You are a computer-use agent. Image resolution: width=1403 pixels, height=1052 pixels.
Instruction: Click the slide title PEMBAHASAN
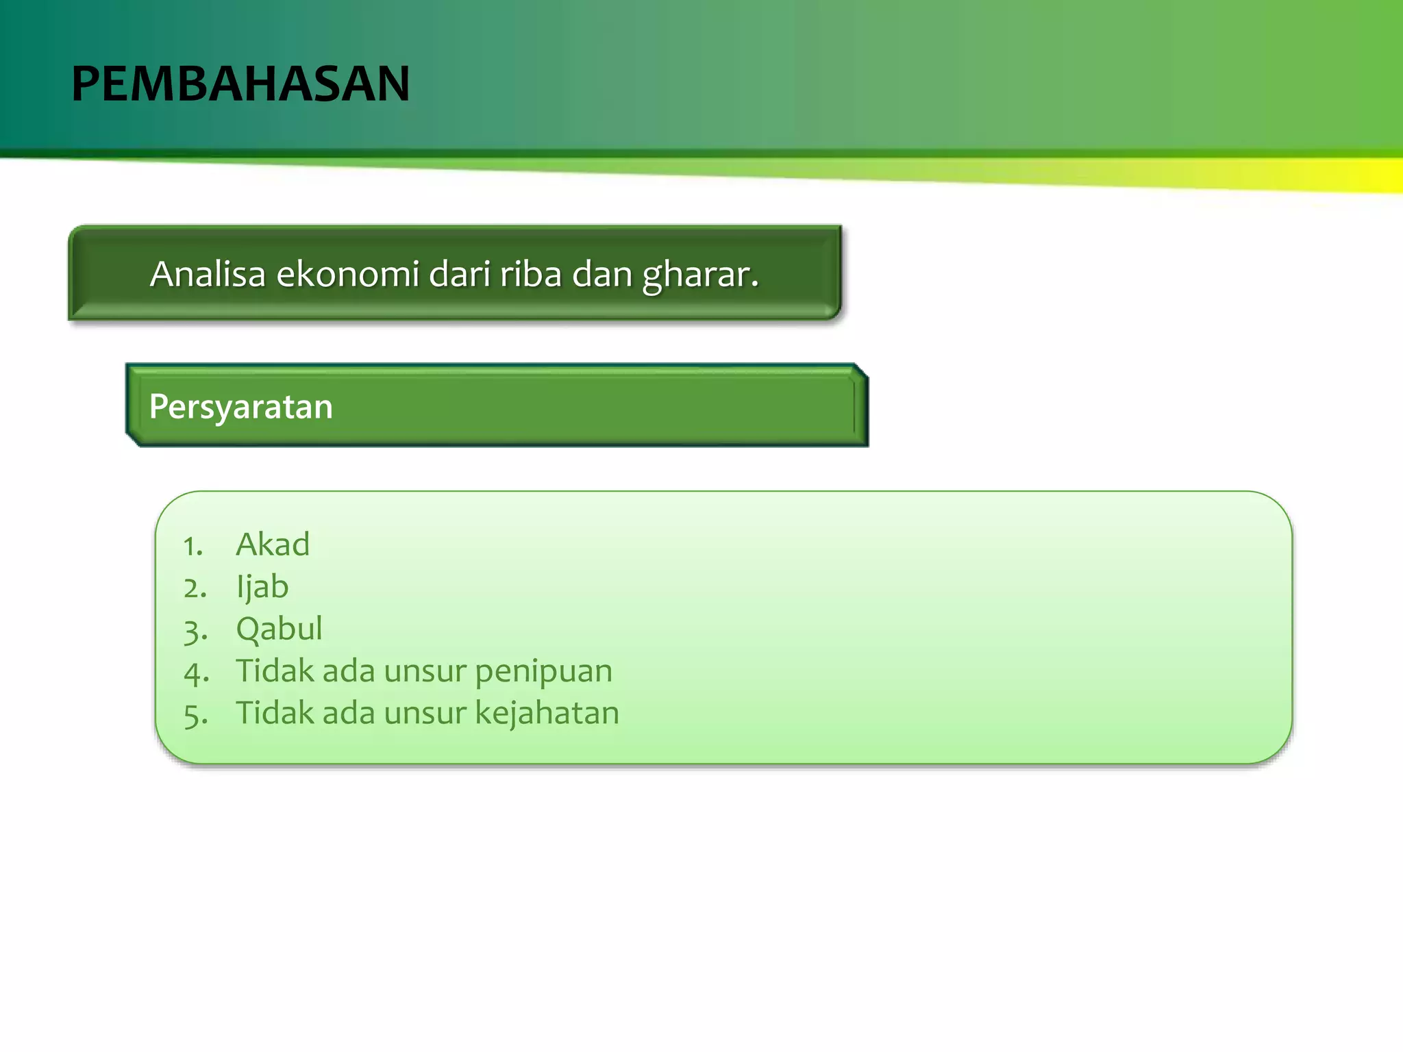point(240,84)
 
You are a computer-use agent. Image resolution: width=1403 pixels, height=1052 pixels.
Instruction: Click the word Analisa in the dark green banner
point(208,274)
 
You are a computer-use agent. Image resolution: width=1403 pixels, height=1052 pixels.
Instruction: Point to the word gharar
point(700,275)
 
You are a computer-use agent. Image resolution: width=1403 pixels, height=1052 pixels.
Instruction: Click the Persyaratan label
point(240,407)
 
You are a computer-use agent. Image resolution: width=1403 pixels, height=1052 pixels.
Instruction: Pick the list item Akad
point(273,544)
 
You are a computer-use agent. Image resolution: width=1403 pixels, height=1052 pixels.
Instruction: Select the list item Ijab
point(262,588)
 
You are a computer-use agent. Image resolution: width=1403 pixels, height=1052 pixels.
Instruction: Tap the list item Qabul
point(279,629)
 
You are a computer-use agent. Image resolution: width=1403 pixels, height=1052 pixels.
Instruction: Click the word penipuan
point(543,671)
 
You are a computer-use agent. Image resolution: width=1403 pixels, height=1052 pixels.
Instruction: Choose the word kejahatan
point(547,713)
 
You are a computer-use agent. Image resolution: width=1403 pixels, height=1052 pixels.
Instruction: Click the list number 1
point(193,547)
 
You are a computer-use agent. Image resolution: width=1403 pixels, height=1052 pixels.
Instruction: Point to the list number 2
point(195,588)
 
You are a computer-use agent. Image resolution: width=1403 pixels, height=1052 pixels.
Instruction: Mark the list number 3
point(195,631)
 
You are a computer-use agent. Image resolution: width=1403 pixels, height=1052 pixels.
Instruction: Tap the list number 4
point(196,673)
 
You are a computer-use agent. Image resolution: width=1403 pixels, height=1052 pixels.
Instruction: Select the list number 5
point(195,715)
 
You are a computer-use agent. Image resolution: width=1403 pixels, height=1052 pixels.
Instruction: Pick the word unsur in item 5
point(425,713)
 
